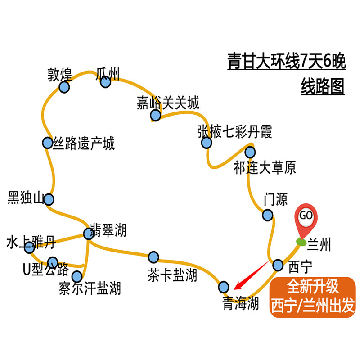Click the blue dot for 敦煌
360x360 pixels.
click(65, 87)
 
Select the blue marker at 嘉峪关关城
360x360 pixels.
click(156, 116)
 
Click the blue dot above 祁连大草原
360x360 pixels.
click(250, 152)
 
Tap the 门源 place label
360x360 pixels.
click(275, 199)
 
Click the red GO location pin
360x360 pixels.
click(306, 218)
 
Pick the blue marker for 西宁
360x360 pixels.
click(278, 264)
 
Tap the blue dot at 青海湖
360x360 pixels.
click(224, 287)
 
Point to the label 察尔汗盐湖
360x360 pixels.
click(90, 288)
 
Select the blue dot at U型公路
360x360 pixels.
click(53, 262)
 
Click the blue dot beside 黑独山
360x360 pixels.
click(49, 199)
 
